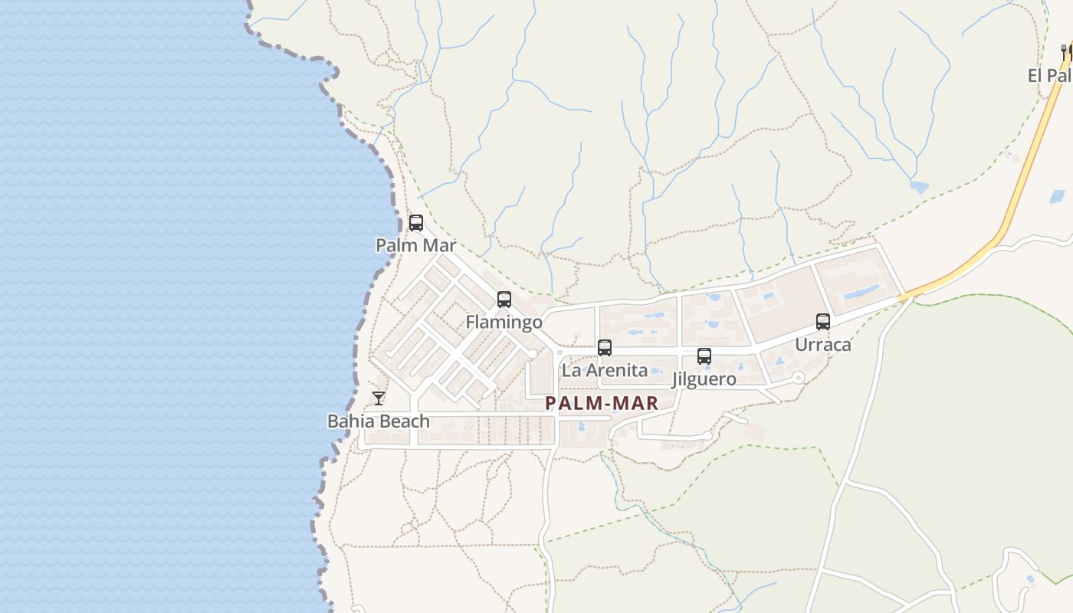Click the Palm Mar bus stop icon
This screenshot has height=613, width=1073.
click(x=416, y=223)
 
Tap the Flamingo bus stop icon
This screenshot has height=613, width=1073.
click(x=504, y=300)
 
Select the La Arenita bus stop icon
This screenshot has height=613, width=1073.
click(x=605, y=348)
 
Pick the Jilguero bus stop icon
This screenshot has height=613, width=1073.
click(x=704, y=356)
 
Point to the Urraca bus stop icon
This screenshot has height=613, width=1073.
click(x=823, y=322)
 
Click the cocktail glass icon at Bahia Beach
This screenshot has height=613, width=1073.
click(x=379, y=398)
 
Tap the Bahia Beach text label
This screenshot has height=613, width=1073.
click(x=379, y=421)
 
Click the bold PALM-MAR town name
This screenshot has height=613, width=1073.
click(x=602, y=403)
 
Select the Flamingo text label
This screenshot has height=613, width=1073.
click(x=504, y=322)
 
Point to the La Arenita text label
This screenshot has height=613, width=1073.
click(x=605, y=371)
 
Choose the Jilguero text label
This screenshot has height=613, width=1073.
click(x=704, y=379)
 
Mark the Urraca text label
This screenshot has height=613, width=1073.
click(x=823, y=345)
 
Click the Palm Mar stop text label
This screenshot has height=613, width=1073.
click(x=416, y=246)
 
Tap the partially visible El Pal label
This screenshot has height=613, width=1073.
click(x=1050, y=76)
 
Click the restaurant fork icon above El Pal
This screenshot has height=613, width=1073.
click(x=1064, y=51)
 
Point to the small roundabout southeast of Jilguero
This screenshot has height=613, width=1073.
click(x=799, y=377)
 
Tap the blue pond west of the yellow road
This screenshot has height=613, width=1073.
click(x=919, y=187)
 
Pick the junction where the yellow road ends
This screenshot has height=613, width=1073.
click(x=904, y=297)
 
